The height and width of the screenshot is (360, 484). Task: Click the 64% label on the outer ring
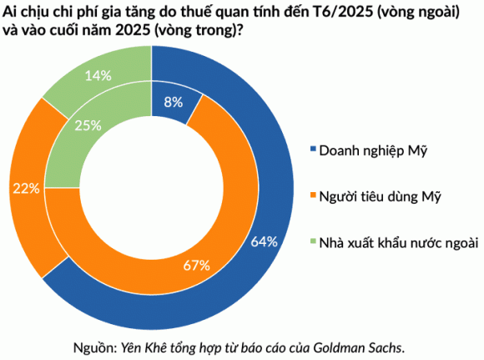click(x=264, y=242)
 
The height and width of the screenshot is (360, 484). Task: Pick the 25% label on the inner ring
click(x=88, y=125)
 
